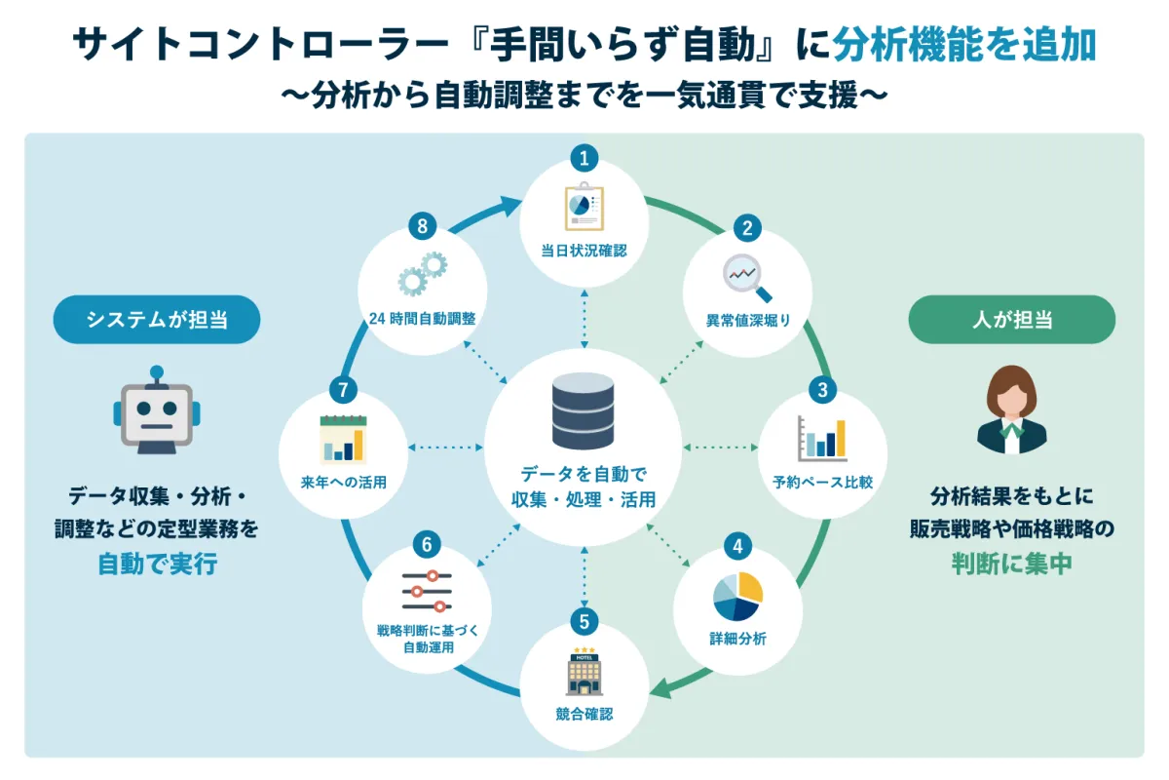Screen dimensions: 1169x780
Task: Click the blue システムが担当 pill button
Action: click(157, 319)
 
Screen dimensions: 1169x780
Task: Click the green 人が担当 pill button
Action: click(1012, 319)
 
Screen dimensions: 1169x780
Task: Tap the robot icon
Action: click(157, 410)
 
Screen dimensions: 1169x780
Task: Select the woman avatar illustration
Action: click(1012, 409)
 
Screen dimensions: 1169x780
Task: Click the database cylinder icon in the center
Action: click(583, 411)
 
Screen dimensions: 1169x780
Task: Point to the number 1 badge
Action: click(584, 158)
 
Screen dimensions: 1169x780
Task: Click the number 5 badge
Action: click(584, 622)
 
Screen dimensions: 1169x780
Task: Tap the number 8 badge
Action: click(422, 226)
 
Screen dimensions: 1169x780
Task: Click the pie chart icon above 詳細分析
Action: click(738, 597)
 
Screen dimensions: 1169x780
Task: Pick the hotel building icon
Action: click(584, 672)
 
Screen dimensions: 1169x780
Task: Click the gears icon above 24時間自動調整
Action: click(423, 274)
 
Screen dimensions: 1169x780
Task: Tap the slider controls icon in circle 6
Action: click(427, 591)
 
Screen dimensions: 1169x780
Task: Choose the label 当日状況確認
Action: click(584, 251)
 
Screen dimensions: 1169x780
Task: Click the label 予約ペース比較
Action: click(822, 483)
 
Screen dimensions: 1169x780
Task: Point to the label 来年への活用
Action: click(343, 483)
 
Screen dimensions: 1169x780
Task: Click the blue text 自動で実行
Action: click(157, 564)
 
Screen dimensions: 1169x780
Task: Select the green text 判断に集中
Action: click(1012, 564)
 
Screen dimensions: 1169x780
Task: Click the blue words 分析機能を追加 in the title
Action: click(964, 45)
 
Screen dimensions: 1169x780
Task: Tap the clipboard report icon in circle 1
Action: click(584, 207)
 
